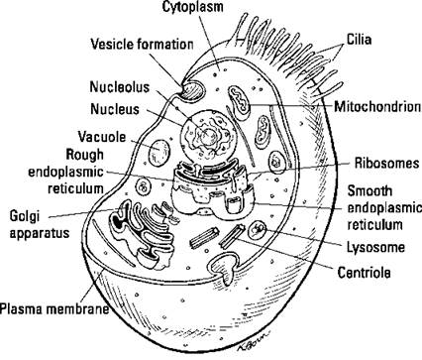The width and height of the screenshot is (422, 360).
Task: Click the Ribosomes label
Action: tap(384, 163)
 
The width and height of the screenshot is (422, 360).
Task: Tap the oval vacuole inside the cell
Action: tap(159, 153)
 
